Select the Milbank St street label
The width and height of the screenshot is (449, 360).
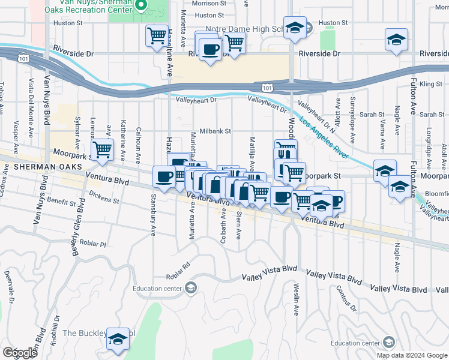tap(215, 130)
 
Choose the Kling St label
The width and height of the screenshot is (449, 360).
tap(430, 83)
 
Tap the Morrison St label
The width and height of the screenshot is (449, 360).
tap(208, 3)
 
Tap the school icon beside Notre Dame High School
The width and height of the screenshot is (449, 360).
tap(295, 28)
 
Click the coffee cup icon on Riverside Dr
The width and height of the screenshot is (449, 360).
tap(210, 50)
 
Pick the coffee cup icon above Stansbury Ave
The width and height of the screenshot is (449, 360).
tap(164, 175)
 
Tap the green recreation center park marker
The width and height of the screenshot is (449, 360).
tap(141, 6)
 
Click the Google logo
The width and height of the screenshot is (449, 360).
tap(20, 353)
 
